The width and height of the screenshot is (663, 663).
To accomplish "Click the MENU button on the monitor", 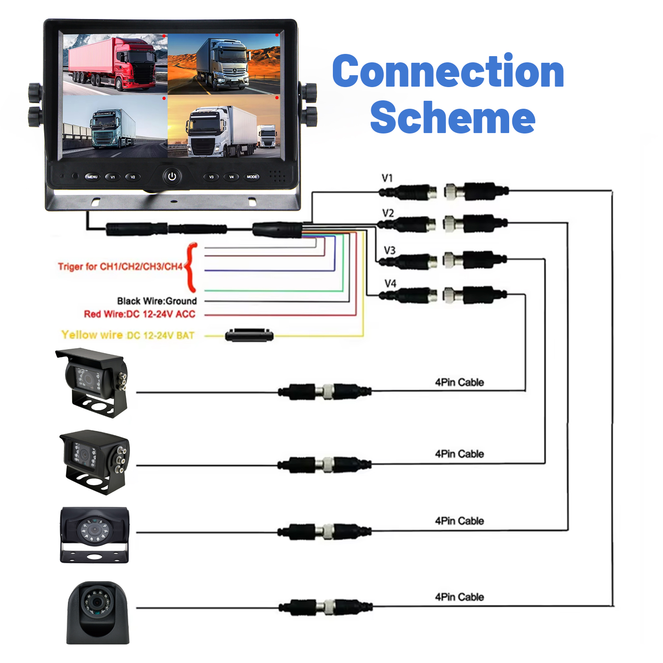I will pos(92,177).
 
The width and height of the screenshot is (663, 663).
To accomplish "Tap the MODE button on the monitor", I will pos(252,177).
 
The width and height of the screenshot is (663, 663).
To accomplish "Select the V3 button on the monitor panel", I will pos(211,177).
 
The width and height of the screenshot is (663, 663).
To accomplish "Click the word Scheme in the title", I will pos(453,117).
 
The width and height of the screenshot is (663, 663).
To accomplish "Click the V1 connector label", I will pos(387,178).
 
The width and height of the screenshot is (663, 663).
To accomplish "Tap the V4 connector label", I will pos(390,283).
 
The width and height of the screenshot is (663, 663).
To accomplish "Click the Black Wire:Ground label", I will pos(157,301).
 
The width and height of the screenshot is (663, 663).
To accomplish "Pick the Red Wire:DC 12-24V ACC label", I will pos(140,314).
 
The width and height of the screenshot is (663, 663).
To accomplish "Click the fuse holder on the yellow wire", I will pos(249,335).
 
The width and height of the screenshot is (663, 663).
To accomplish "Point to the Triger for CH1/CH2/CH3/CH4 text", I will pos(120,267).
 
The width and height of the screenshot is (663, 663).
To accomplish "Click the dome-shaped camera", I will pos(98,612).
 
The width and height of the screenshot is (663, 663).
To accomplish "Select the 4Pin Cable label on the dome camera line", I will pos(459,597).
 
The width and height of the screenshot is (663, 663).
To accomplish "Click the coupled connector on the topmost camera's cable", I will pos(325,392).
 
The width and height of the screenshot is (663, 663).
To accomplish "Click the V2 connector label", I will pos(388,213).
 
